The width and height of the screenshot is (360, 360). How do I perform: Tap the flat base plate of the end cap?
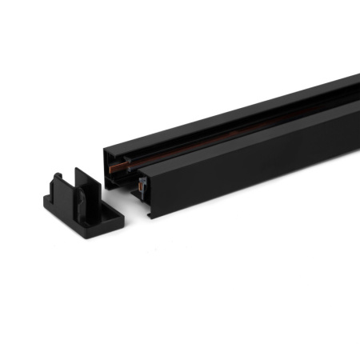[88, 218]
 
